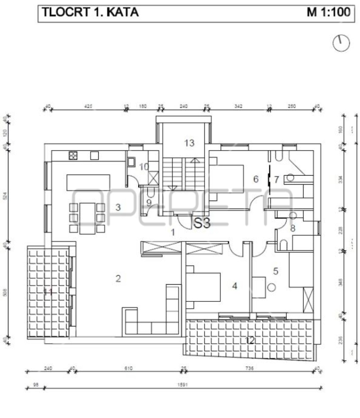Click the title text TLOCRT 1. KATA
point(90,13)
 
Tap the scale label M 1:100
point(328,13)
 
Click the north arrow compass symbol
point(341,43)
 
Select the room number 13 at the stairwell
point(189,143)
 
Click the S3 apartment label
point(202,224)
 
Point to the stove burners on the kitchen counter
point(73,156)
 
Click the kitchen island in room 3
point(88,183)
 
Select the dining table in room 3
point(87,218)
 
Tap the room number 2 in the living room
point(118,278)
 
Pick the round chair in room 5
point(271,287)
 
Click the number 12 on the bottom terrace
point(250,340)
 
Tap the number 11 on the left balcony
point(48,292)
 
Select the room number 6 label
point(256,179)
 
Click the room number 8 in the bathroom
point(292,228)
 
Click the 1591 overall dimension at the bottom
point(183,385)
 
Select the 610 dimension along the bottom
point(128,369)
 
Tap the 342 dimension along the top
point(238,106)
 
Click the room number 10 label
point(144,167)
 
